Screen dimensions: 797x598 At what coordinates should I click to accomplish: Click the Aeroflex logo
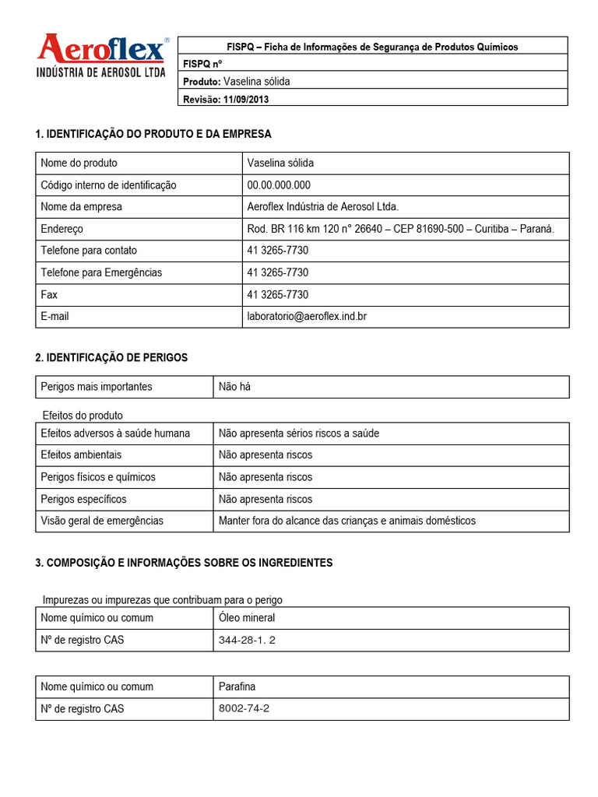click(101, 56)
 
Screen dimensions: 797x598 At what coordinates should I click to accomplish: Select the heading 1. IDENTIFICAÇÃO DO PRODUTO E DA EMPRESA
click(153, 134)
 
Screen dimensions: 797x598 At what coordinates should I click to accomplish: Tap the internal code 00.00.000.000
click(279, 185)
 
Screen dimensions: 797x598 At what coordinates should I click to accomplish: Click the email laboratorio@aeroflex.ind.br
click(306, 316)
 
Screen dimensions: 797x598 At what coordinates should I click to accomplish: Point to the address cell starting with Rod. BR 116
click(400, 229)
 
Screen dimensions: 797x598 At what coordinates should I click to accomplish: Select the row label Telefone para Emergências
click(101, 272)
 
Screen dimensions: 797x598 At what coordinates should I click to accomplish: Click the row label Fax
click(49, 294)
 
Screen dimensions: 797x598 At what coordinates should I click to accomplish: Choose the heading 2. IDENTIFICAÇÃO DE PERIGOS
click(111, 357)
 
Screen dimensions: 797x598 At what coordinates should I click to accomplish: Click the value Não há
click(235, 387)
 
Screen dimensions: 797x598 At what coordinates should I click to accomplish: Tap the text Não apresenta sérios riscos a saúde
click(299, 433)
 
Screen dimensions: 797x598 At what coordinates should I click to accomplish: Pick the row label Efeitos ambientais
click(81, 455)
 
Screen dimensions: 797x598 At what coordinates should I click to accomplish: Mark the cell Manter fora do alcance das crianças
click(346, 521)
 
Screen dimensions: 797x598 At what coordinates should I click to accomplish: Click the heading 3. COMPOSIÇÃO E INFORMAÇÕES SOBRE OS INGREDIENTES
click(184, 562)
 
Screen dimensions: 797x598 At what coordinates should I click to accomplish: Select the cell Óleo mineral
click(247, 618)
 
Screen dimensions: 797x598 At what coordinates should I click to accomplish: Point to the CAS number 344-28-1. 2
click(248, 641)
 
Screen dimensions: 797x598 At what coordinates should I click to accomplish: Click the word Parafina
click(237, 686)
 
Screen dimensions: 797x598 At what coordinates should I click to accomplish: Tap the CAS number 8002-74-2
click(244, 708)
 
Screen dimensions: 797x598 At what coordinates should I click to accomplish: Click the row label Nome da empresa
click(81, 207)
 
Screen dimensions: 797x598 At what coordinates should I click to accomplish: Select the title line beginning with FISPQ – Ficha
click(372, 47)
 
